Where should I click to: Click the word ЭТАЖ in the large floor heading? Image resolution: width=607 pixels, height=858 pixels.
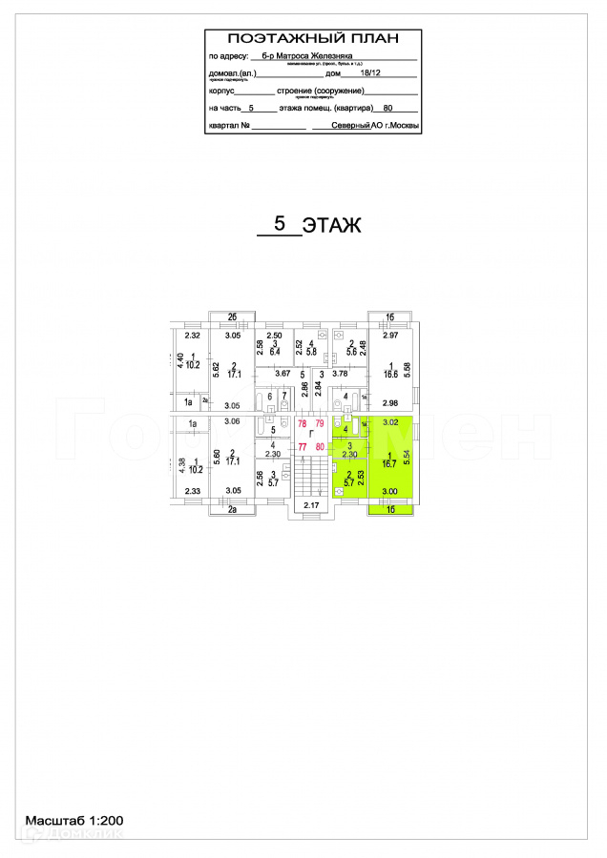click(x=331, y=226)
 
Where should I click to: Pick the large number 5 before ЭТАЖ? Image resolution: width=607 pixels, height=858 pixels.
click(x=280, y=224)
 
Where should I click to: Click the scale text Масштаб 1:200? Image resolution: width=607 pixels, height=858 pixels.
click(x=74, y=820)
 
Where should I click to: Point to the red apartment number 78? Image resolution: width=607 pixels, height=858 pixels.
click(x=303, y=422)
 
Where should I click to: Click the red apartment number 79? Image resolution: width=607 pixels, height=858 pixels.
click(x=321, y=422)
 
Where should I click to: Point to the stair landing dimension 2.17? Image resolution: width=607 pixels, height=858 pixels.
click(x=311, y=504)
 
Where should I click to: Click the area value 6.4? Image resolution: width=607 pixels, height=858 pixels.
click(x=275, y=353)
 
